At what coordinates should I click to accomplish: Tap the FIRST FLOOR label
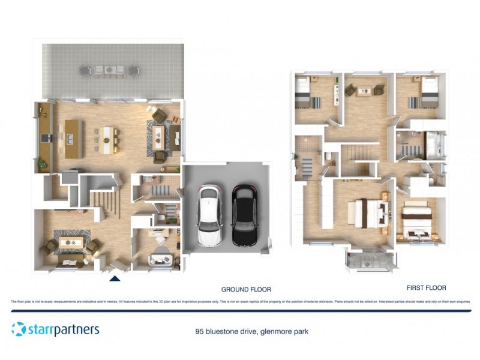click(x=426, y=288)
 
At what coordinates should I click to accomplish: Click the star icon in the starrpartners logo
click(x=19, y=329)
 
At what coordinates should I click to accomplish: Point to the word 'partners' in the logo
click(x=76, y=329)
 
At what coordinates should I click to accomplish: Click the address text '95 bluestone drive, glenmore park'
click(x=252, y=331)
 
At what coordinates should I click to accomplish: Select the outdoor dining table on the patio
click(x=110, y=70)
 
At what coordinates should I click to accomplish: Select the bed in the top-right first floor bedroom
click(x=427, y=95)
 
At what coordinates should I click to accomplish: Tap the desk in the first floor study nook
click(x=364, y=91)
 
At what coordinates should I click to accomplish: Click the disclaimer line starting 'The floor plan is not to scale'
click(x=240, y=302)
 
